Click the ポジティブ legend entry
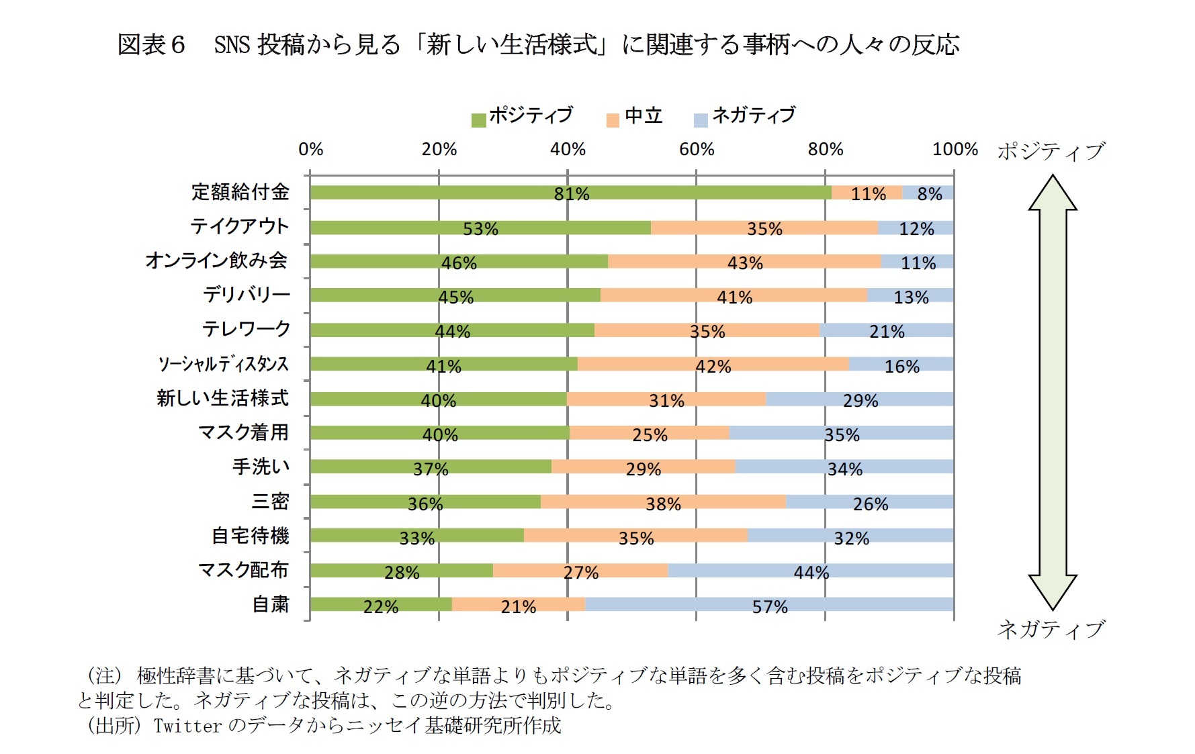pyautogui.click(x=523, y=115)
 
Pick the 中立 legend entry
pyautogui.click(x=635, y=116)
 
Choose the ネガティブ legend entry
pyautogui.click(x=744, y=115)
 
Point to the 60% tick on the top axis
pyautogui.click(x=697, y=149)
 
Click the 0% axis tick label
pyautogui.click(x=310, y=149)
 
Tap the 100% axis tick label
pyautogui.click(x=954, y=149)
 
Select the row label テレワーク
pyautogui.click(x=247, y=329)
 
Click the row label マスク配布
pyautogui.click(x=243, y=570)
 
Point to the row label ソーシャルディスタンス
pyautogui.click(x=223, y=364)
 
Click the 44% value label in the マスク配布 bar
pyautogui.click(x=811, y=573)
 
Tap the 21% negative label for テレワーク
pyautogui.click(x=887, y=332)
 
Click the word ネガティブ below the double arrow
pyautogui.click(x=1051, y=629)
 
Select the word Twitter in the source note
pyautogui.click(x=187, y=726)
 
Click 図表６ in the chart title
pyautogui.click(x=151, y=45)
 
